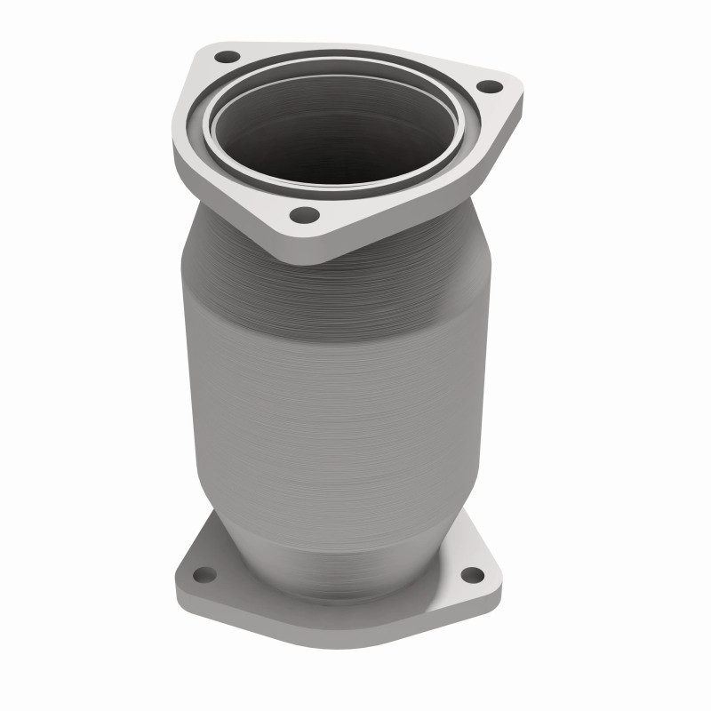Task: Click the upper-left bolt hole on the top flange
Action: click(228, 57)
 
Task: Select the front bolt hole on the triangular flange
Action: click(304, 214)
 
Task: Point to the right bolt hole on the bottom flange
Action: click(473, 574)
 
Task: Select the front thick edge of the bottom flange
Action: click(338, 635)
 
